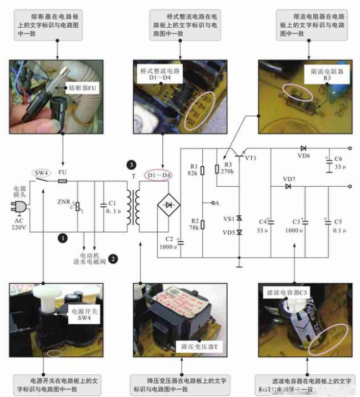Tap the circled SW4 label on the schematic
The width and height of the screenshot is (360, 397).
(39, 172)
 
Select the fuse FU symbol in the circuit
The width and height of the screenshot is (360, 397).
(63, 181)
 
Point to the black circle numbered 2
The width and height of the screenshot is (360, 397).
(113, 258)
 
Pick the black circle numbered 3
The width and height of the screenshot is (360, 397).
(131, 165)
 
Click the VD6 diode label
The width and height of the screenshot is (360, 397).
(304, 156)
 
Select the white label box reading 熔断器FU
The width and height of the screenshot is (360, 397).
(83, 87)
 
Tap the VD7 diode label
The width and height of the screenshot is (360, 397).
(289, 179)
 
